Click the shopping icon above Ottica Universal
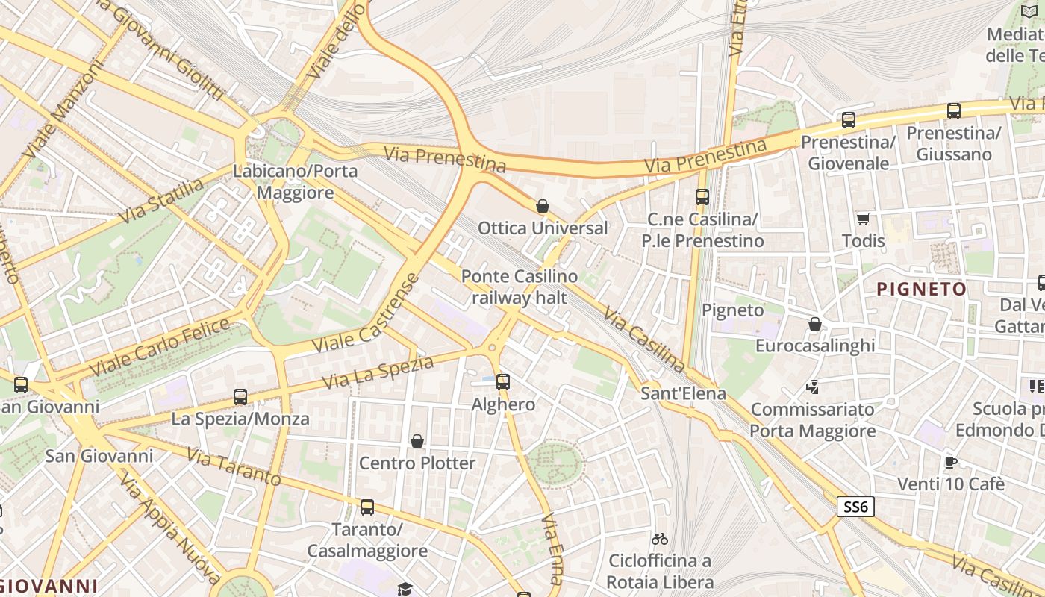pos(543,206)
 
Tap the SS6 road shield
pos(855,507)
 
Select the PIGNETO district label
pos(921,289)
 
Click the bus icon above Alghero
pos(503,382)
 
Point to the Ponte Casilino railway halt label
pos(520,287)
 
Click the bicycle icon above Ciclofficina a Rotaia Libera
pos(660,538)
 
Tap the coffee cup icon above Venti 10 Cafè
pos(951,462)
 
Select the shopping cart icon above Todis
pos(864,219)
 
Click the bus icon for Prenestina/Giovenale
pos(849,120)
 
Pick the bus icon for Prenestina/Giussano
pos(954,111)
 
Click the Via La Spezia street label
pos(378,372)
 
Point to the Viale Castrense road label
pos(366,314)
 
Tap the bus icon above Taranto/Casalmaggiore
pos(367,507)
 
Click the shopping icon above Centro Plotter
pos(417,441)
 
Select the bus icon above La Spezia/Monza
pos(240,397)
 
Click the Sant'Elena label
pos(683,393)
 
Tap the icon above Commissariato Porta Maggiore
pos(813,387)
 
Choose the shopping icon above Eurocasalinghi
pos(815,324)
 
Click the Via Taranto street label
pos(233,466)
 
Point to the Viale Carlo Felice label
pos(160,347)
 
